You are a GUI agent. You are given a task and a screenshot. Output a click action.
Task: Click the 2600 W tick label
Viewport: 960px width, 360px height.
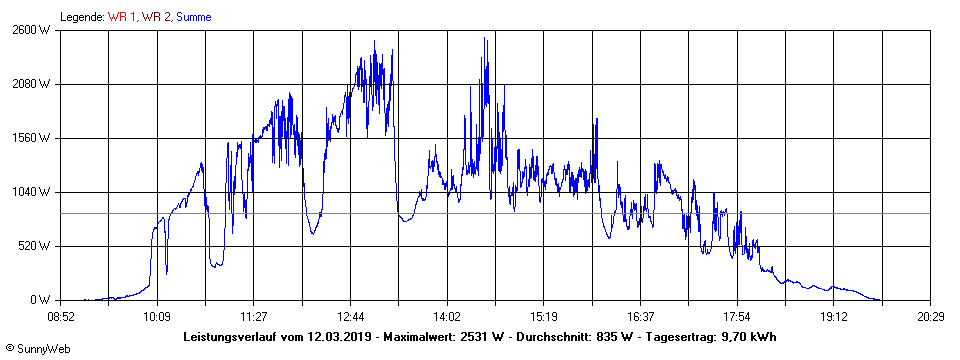coord(30,30)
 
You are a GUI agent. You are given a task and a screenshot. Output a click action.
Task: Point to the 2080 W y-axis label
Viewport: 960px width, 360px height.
coord(30,84)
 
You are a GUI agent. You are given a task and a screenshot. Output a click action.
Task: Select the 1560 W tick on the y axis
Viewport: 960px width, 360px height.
coord(30,138)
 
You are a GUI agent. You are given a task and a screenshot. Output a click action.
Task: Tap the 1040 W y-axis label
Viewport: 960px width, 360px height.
coord(30,192)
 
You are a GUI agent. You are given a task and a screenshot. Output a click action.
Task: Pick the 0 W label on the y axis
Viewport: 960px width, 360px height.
coord(40,300)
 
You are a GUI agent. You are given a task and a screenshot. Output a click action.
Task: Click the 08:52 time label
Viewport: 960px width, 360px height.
coord(61,316)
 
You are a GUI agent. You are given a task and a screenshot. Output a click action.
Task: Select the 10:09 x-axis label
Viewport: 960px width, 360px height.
coord(157,316)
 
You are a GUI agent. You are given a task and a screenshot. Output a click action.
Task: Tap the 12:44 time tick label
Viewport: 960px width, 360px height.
coord(350,316)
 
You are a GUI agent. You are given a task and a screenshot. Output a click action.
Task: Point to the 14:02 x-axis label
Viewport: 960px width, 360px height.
coord(447,316)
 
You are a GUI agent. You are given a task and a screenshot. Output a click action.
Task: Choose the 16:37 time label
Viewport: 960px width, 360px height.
coord(640,316)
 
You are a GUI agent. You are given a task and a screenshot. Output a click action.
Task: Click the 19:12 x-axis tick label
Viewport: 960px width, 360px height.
coord(833,316)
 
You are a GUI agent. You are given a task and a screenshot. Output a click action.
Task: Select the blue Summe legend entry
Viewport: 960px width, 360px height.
coord(193,17)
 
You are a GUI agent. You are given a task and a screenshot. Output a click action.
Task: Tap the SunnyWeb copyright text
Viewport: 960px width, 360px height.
coord(37,349)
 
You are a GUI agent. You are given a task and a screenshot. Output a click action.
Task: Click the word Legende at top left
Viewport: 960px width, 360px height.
coord(82,17)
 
